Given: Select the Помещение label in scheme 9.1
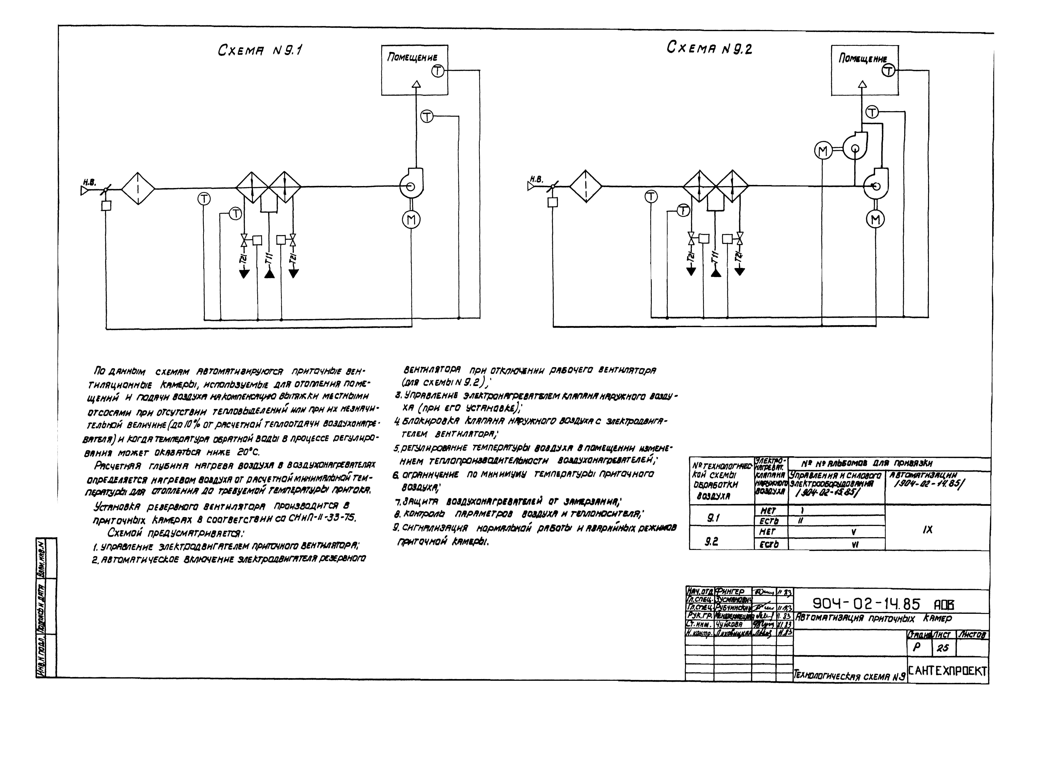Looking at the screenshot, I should pos(412,58).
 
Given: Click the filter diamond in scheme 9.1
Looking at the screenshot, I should pos(138,188).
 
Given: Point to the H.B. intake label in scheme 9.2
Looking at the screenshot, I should pos(536,179).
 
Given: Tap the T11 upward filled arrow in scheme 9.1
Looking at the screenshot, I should pos(269,273).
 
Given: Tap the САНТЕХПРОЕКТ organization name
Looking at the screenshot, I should pos(948,671).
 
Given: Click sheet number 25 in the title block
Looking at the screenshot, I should pos(942,648).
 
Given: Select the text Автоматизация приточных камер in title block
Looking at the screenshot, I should pos(873,618).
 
